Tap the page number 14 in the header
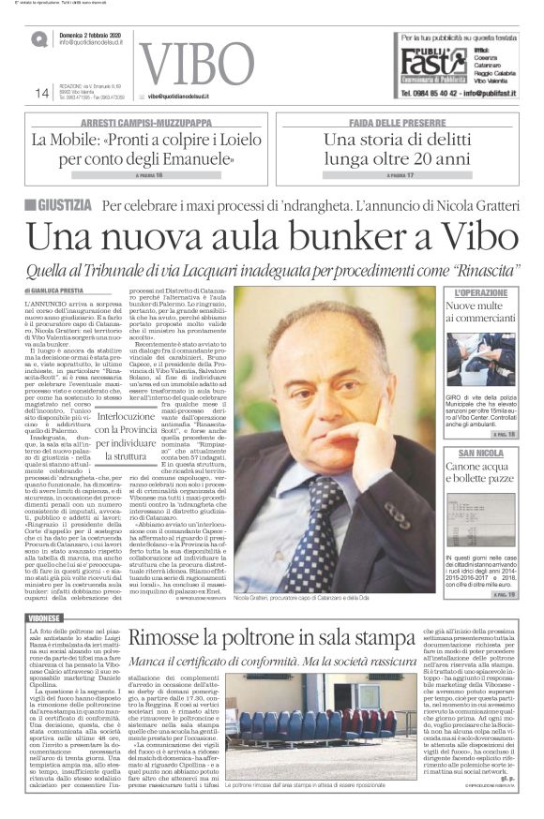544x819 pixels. (x=42, y=93)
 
